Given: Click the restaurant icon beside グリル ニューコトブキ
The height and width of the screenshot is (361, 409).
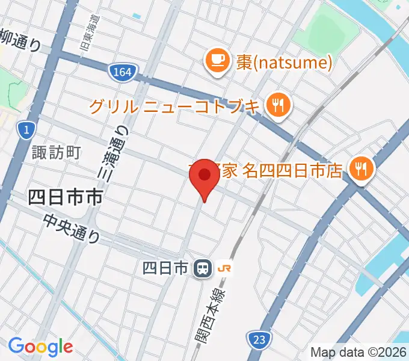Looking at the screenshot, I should pos(278,106).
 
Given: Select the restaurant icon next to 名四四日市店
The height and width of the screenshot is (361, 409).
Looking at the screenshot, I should pos(361,170).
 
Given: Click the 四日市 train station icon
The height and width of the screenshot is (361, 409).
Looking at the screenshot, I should pos(201,268).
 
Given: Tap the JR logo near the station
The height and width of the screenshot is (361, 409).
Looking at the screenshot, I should pos(225,268).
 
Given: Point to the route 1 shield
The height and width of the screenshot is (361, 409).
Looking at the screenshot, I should pos(25,129).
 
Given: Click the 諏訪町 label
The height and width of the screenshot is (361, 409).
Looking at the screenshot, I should pos(57,152).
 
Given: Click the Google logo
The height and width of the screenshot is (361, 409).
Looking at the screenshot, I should pos(40,347).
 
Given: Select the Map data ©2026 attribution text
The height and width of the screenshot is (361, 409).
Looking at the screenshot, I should pos(358,352).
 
